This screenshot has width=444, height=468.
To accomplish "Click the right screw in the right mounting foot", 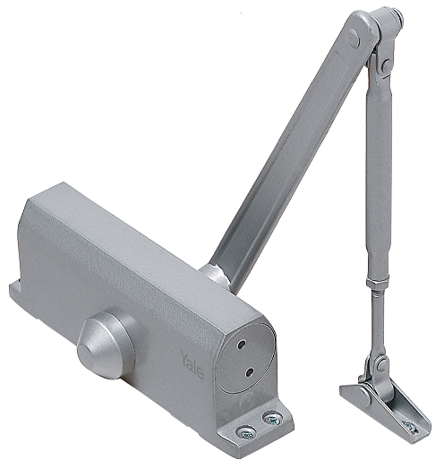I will click(x=269, y=417).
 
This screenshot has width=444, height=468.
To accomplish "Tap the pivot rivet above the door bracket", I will click(x=380, y=363).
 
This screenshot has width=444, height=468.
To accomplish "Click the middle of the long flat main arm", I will click(x=286, y=152).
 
